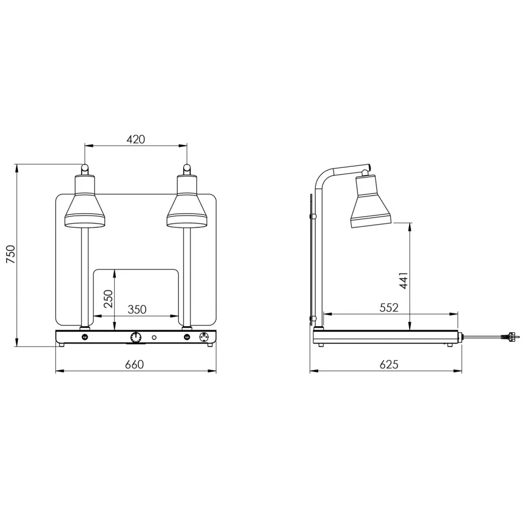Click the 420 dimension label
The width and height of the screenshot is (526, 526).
coord(136,139)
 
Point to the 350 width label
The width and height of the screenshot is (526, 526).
coord(137,309)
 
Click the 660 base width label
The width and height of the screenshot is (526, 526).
coord(135,365)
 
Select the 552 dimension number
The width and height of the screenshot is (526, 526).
coord(389,308)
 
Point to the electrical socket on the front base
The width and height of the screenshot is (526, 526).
coord(204,337)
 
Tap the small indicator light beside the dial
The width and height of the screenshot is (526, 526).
coord(154,337)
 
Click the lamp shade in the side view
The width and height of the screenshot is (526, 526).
coord(371,203)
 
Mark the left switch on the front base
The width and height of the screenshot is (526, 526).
coord(85,337)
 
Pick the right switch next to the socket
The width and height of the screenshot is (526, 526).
coord(186,337)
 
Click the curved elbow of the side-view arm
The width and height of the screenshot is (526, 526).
coord(322,176)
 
